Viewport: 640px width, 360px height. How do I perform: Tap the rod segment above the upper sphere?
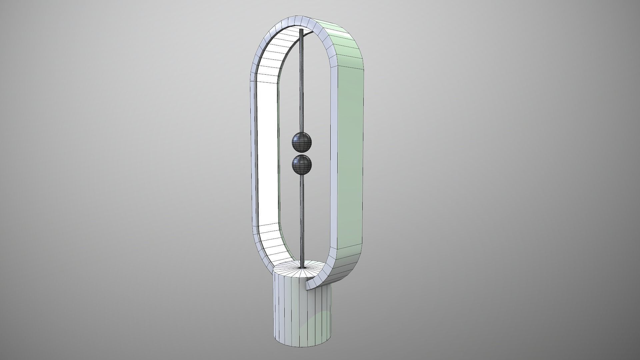pyautogui.click(x=302, y=80)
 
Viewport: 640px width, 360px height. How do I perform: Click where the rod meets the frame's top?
pyautogui.click(x=302, y=31)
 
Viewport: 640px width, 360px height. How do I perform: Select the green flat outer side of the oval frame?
pyautogui.click(x=350, y=150)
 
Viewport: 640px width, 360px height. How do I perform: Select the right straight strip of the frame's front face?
pyautogui.click(x=333, y=150)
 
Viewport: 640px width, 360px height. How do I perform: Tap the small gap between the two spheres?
pyautogui.click(x=302, y=153)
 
